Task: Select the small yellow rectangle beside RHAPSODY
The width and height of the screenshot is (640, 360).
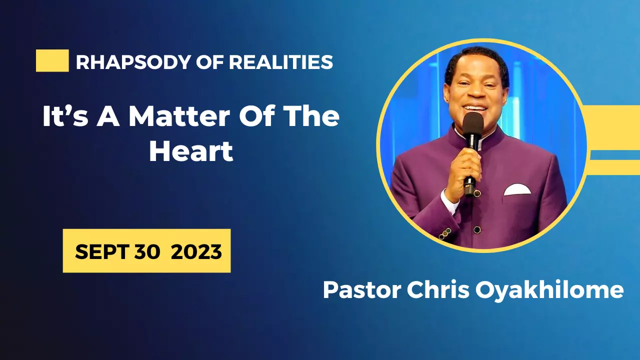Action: (52, 60)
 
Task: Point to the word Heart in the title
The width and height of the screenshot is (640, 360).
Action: (191, 152)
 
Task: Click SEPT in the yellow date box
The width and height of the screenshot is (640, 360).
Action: (102, 251)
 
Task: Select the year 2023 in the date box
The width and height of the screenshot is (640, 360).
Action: (196, 251)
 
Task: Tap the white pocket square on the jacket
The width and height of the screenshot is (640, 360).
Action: (517, 189)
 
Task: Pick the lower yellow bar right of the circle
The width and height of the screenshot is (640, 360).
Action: (615, 167)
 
